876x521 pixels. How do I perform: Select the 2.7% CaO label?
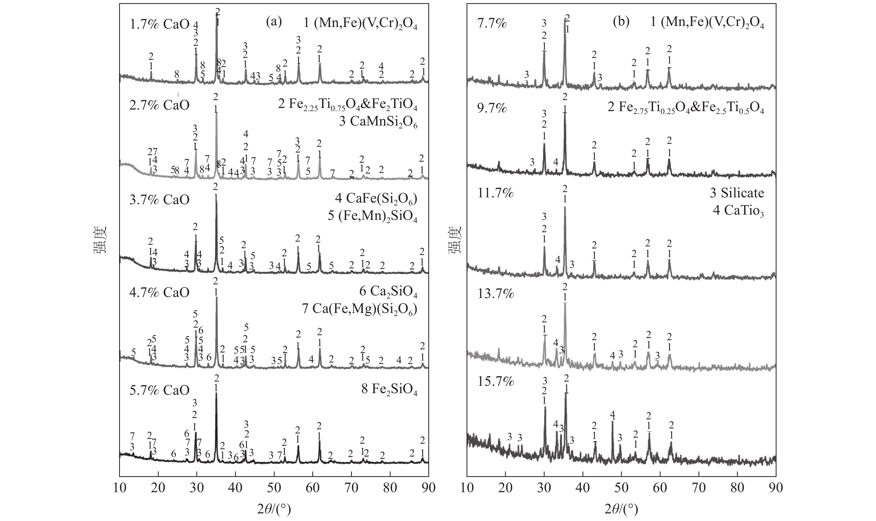click(159, 106)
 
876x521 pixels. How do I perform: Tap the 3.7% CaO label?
click(159, 200)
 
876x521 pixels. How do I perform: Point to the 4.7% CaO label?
click(159, 292)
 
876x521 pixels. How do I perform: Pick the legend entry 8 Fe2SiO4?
click(389, 391)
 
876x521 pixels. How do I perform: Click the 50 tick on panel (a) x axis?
click(274, 488)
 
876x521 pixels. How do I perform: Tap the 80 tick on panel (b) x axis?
click(737, 488)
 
